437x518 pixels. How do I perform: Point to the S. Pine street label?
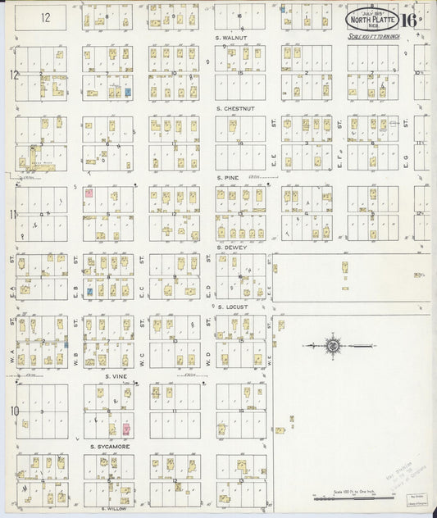227,177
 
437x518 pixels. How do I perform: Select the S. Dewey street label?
231,248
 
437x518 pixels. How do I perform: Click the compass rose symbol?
334,347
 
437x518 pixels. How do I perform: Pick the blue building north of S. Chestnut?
127,93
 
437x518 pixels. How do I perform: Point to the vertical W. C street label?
143,357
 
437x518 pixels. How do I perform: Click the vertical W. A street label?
12,357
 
